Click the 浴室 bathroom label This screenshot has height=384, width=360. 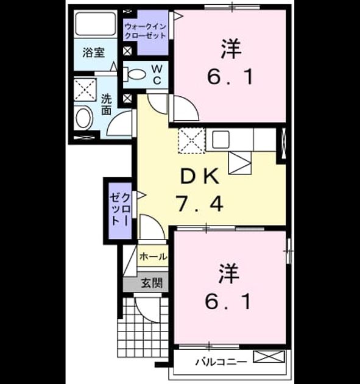pos(93,52)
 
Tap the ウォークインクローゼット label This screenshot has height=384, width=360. pos(146,31)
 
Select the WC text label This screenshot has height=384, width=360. pos(157,74)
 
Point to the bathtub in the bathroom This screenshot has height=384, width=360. pos(96,24)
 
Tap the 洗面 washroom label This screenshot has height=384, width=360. pos(107,105)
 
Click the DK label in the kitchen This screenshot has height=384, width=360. pos(199,176)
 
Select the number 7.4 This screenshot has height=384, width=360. pos(200,204)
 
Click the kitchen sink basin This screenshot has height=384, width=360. pos(221,140)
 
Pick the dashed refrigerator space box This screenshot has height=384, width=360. pos(192,141)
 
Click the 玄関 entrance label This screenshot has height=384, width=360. pos(152,283)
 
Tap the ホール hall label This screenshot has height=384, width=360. pos(154,257)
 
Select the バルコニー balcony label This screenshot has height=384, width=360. pos(221,361)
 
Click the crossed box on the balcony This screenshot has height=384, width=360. pos(269,357)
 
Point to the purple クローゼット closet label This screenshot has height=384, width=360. pos(120,209)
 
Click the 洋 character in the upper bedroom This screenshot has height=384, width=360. pos(231,49)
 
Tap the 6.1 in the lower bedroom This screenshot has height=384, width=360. pos(228,302)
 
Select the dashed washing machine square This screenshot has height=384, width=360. pos(85,90)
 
